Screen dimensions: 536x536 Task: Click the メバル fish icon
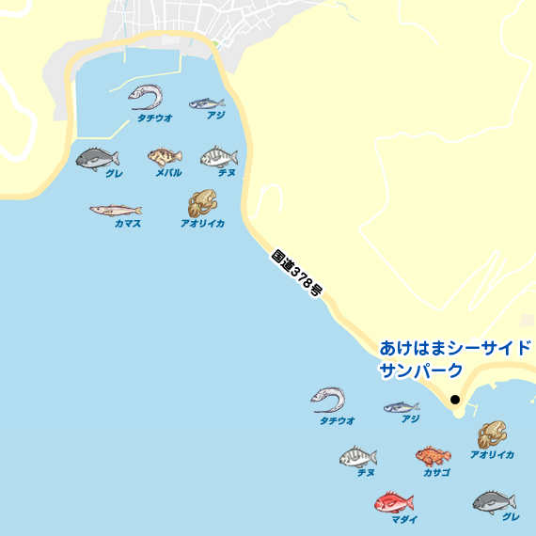(165, 156)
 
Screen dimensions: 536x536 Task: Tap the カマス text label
(128, 224)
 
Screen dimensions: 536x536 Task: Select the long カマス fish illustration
(116, 210)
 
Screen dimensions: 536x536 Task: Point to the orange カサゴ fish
(433, 456)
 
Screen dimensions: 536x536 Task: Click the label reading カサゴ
(436, 472)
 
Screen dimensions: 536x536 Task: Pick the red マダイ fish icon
(393, 502)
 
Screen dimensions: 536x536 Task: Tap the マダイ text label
(404, 519)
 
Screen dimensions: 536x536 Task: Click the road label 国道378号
(296, 274)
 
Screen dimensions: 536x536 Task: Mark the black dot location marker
(455, 400)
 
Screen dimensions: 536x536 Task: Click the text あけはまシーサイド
(455, 348)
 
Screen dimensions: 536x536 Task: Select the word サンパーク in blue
(421, 370)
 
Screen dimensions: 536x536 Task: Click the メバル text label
(168, 172)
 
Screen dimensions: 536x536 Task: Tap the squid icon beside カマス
(201, 202)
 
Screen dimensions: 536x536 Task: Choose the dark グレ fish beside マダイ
(494, 501)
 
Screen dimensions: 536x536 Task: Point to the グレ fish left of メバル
(96, 157)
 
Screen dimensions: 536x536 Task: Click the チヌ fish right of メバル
(219, 156)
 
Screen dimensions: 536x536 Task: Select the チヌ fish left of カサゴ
(357, 457)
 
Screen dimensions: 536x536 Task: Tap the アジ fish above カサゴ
(402, 407)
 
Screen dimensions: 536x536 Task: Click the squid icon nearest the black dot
(492, 434)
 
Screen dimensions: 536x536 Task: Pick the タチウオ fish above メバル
(147, 96)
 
